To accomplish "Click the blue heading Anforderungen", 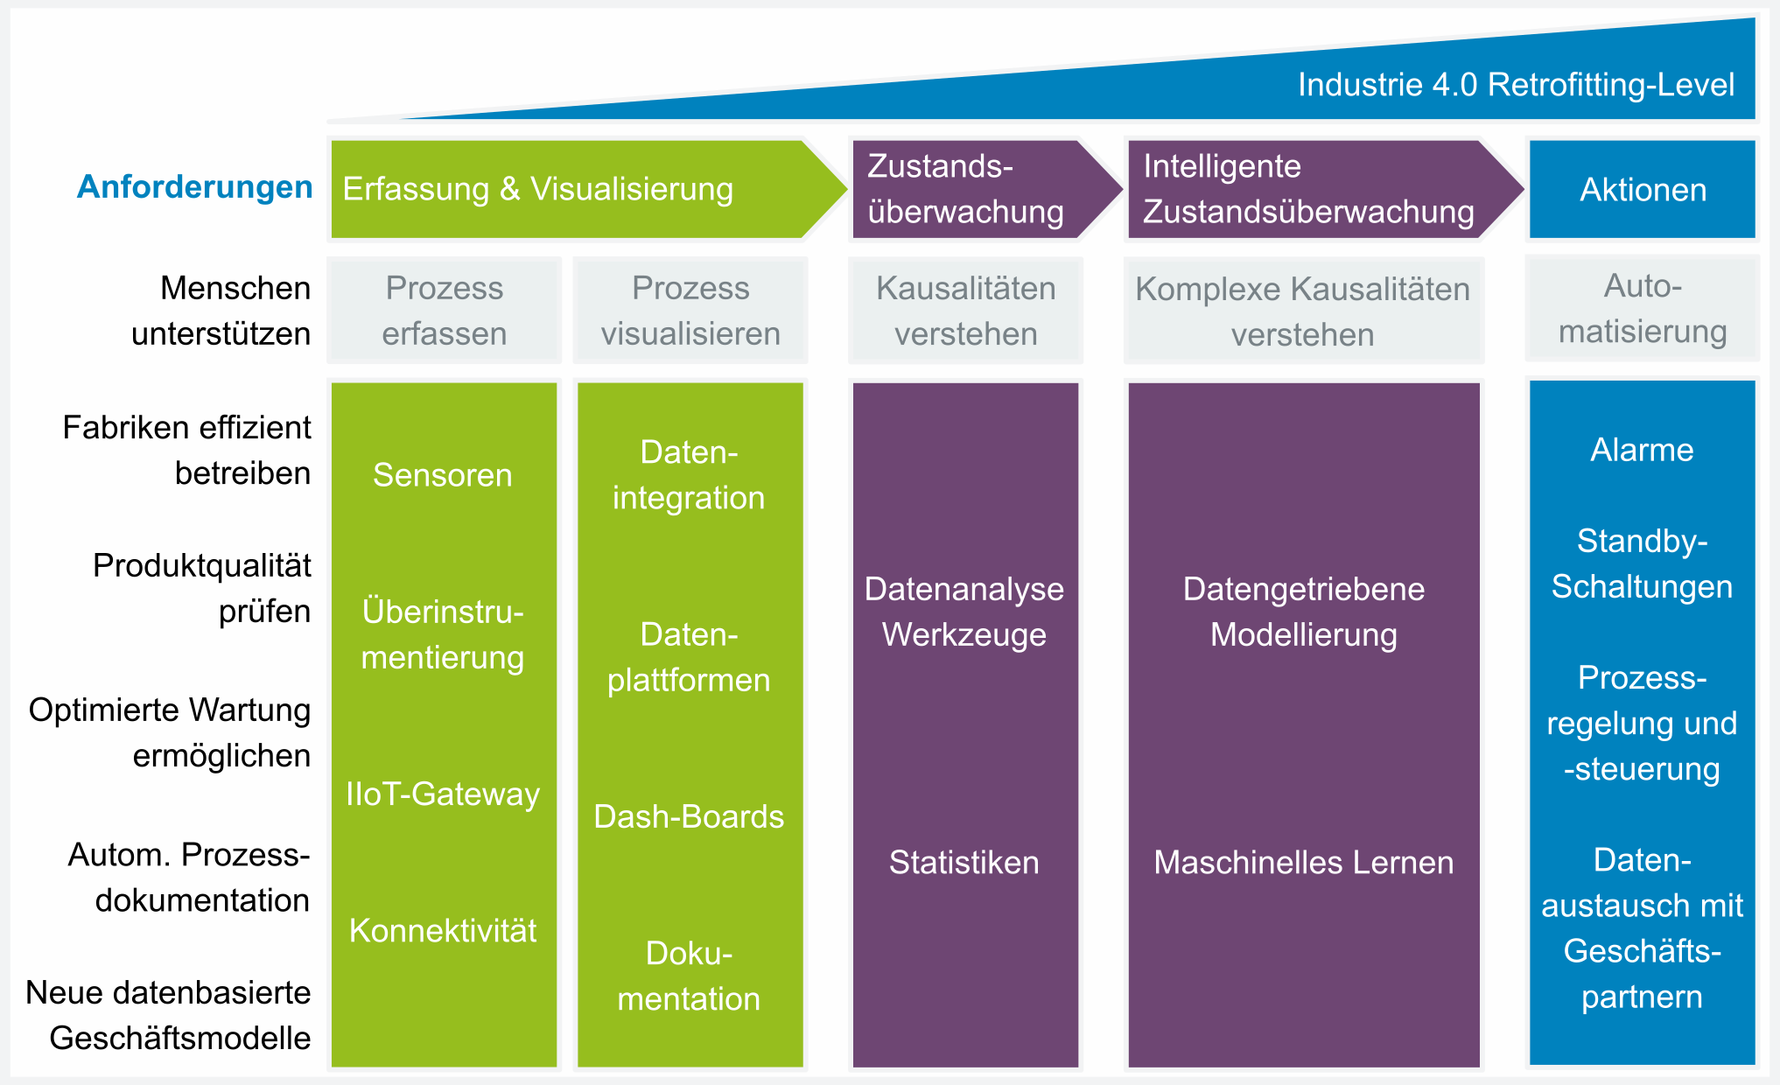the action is [x=194, y=186].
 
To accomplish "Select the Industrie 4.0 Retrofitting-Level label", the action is [x=1516, y=85].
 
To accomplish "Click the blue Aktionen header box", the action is [x=1643, y=189].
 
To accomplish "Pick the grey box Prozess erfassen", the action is [x=444, y=311].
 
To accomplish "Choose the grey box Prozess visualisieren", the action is [x=690, y=311].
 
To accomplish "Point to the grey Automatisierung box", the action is [x=1643, y=309].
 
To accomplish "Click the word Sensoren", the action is [x=443, y=475].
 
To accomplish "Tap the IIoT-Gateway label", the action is [x=443, y=794].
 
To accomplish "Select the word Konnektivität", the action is [x=443, y=930].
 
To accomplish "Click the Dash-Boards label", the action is [x=689, y=816].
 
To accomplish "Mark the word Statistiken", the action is [x=964, y=862].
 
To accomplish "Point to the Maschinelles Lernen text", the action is [x=1304, y=862].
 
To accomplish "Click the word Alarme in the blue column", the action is [x=1643, y=450].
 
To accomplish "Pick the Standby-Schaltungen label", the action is [x=1643, y=563].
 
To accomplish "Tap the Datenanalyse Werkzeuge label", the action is [x=964, y=612].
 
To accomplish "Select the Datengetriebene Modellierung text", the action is [x=1304, y=612].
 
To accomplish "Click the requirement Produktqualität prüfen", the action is [x=202, y=588].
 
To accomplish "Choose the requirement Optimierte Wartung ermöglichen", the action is [x=170, y=732].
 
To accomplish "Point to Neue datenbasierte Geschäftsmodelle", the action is [x=169, y=1015].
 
